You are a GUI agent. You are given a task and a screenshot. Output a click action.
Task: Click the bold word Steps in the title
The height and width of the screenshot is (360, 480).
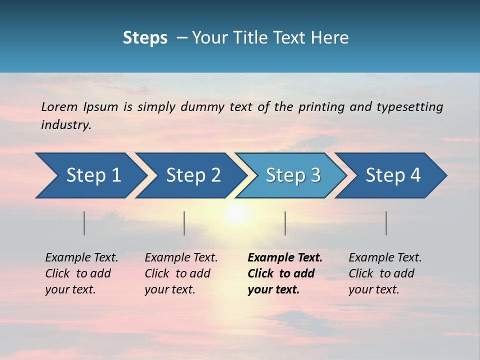click(145, 37)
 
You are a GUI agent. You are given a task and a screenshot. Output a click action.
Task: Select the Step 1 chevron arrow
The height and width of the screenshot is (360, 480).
click(88, 175)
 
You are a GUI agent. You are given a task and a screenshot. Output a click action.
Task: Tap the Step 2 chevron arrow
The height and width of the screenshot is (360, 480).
click(190, 175)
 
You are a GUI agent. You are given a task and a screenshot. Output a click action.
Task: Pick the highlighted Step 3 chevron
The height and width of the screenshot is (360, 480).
click(290, 175)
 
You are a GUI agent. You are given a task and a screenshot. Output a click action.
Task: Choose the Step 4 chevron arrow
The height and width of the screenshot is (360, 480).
click(390, 175)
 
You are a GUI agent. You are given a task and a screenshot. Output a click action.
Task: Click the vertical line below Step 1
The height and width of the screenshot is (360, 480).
click(84, 223)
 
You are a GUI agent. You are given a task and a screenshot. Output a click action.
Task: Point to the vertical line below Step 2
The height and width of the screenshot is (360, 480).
click(184, 223)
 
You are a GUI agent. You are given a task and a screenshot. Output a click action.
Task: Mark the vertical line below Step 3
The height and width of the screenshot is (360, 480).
click(285, 223)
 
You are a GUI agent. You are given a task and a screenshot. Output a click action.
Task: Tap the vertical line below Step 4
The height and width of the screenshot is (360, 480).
click(386, 223)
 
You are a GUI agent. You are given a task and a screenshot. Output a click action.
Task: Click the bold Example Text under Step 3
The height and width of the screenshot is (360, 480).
click(285, 257)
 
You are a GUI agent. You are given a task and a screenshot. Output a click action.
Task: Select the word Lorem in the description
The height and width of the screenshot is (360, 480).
click(59, 106)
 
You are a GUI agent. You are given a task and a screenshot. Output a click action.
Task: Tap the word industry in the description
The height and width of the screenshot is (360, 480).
click(66, 124)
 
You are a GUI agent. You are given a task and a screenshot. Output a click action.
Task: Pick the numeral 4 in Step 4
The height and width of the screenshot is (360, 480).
click(415, 175)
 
